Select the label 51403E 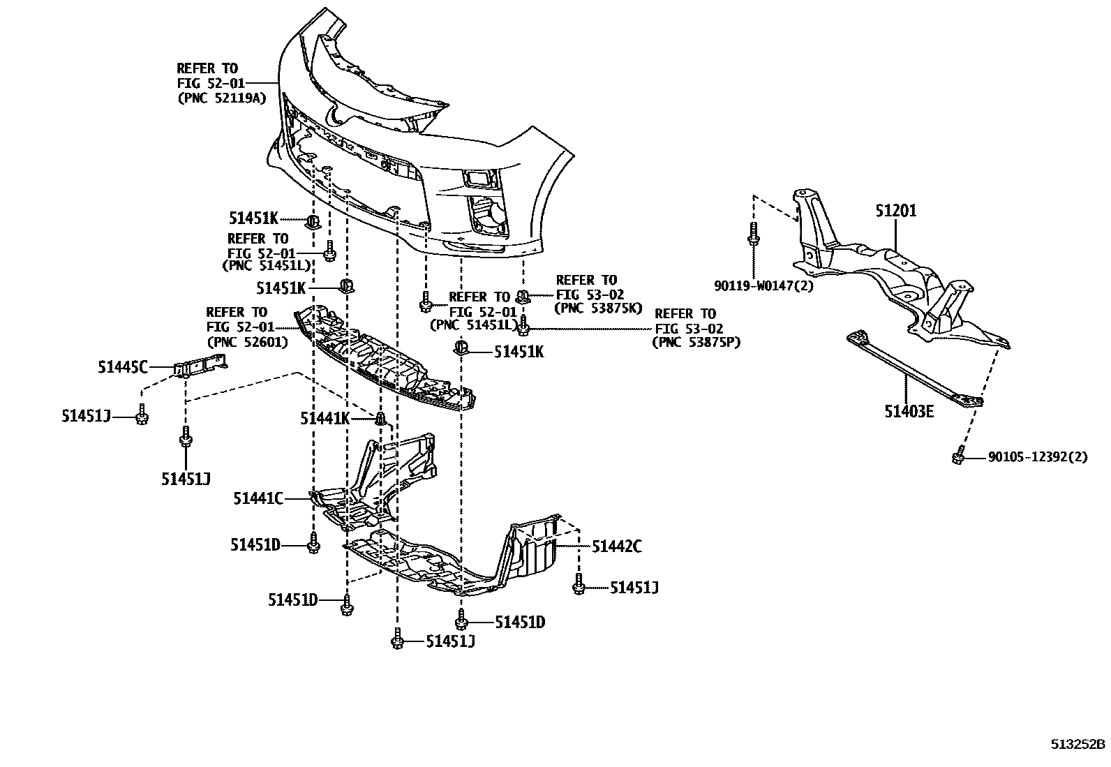tap(909, 411)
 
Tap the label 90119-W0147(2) tap(763, 285)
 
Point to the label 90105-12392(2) tap(1037, 458)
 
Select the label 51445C tap(123, 365)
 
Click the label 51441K tap(325, 418)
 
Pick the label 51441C tap(258, 498)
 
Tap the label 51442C tap(617, 546)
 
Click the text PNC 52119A tap(222, 98)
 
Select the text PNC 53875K tap(597, 308)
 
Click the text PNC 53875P tap(696, 342)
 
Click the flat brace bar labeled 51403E tap(914, 368)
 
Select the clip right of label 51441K tap(380, 419)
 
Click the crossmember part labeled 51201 tap(900, 279)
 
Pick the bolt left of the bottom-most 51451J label tap(397, 639)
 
